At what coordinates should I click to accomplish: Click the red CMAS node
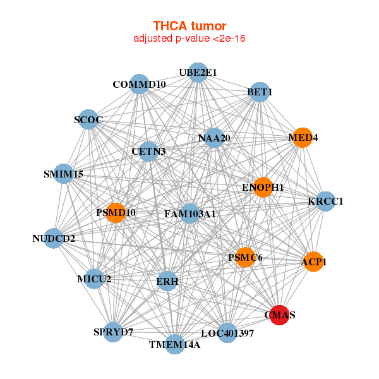click(x=280, y=315)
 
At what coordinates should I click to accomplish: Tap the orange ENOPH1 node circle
click(x=263, y=188)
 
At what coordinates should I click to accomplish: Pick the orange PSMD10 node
click(x=116, y=213)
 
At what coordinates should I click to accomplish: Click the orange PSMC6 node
click(x=245, y=258)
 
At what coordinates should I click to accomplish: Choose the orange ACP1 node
click(x=314, y=261)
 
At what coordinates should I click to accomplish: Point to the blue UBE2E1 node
click(x=198, y=73)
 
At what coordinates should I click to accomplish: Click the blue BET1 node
click(x=260, y=92)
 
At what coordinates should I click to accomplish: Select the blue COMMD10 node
click(x=139, y=84)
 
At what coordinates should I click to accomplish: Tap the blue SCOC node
click(x=88, y=119)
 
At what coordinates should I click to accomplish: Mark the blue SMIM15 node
click(x=64, y=174)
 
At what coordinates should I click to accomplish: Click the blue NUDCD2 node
click(x=54, y=239)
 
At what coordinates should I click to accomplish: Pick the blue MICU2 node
click(x=94, y=279)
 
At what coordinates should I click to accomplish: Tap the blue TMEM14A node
click(x=175, y=344)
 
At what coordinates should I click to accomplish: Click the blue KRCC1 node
click(x=325, y=202)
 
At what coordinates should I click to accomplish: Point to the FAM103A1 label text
click(x=189, y=214)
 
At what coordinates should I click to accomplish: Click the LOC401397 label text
click(x=227, y=332)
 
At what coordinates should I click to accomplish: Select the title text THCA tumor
click(x=189, y=26)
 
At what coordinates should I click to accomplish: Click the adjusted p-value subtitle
click(x=189, y=39)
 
